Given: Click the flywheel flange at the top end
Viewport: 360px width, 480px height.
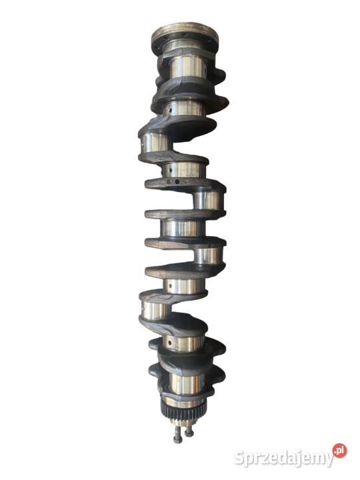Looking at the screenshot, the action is pos(185,34).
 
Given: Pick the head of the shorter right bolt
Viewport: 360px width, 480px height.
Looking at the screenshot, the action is pos(189,433).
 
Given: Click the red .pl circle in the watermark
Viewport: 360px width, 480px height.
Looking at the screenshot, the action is pos(339,451).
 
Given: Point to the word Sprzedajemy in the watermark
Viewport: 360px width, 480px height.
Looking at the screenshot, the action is pos(284,458).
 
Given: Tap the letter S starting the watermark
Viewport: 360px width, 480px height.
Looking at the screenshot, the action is pos(239,457).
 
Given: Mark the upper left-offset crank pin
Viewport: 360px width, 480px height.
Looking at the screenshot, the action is pos(155,143).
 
